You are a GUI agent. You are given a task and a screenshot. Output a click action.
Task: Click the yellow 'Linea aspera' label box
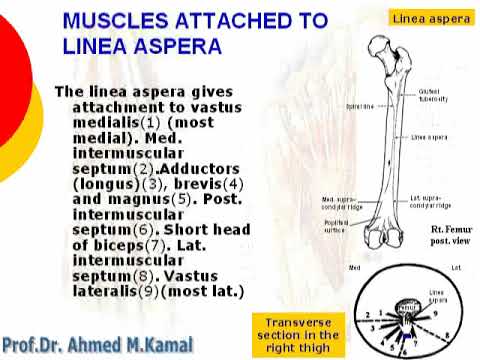431,18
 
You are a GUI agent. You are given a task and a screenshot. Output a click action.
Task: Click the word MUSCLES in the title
123,21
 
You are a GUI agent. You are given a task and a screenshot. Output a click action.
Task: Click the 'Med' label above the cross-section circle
353,269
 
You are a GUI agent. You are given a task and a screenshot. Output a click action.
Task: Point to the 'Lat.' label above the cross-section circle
455,269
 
